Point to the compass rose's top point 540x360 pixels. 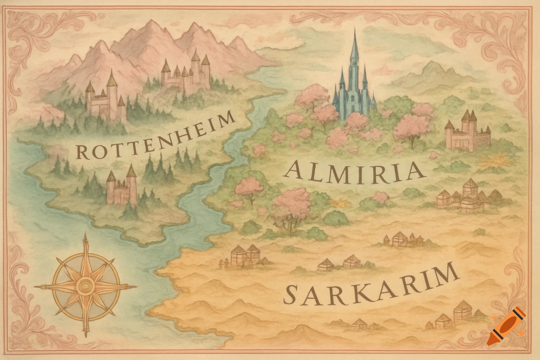85,234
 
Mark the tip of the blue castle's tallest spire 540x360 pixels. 354,30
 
